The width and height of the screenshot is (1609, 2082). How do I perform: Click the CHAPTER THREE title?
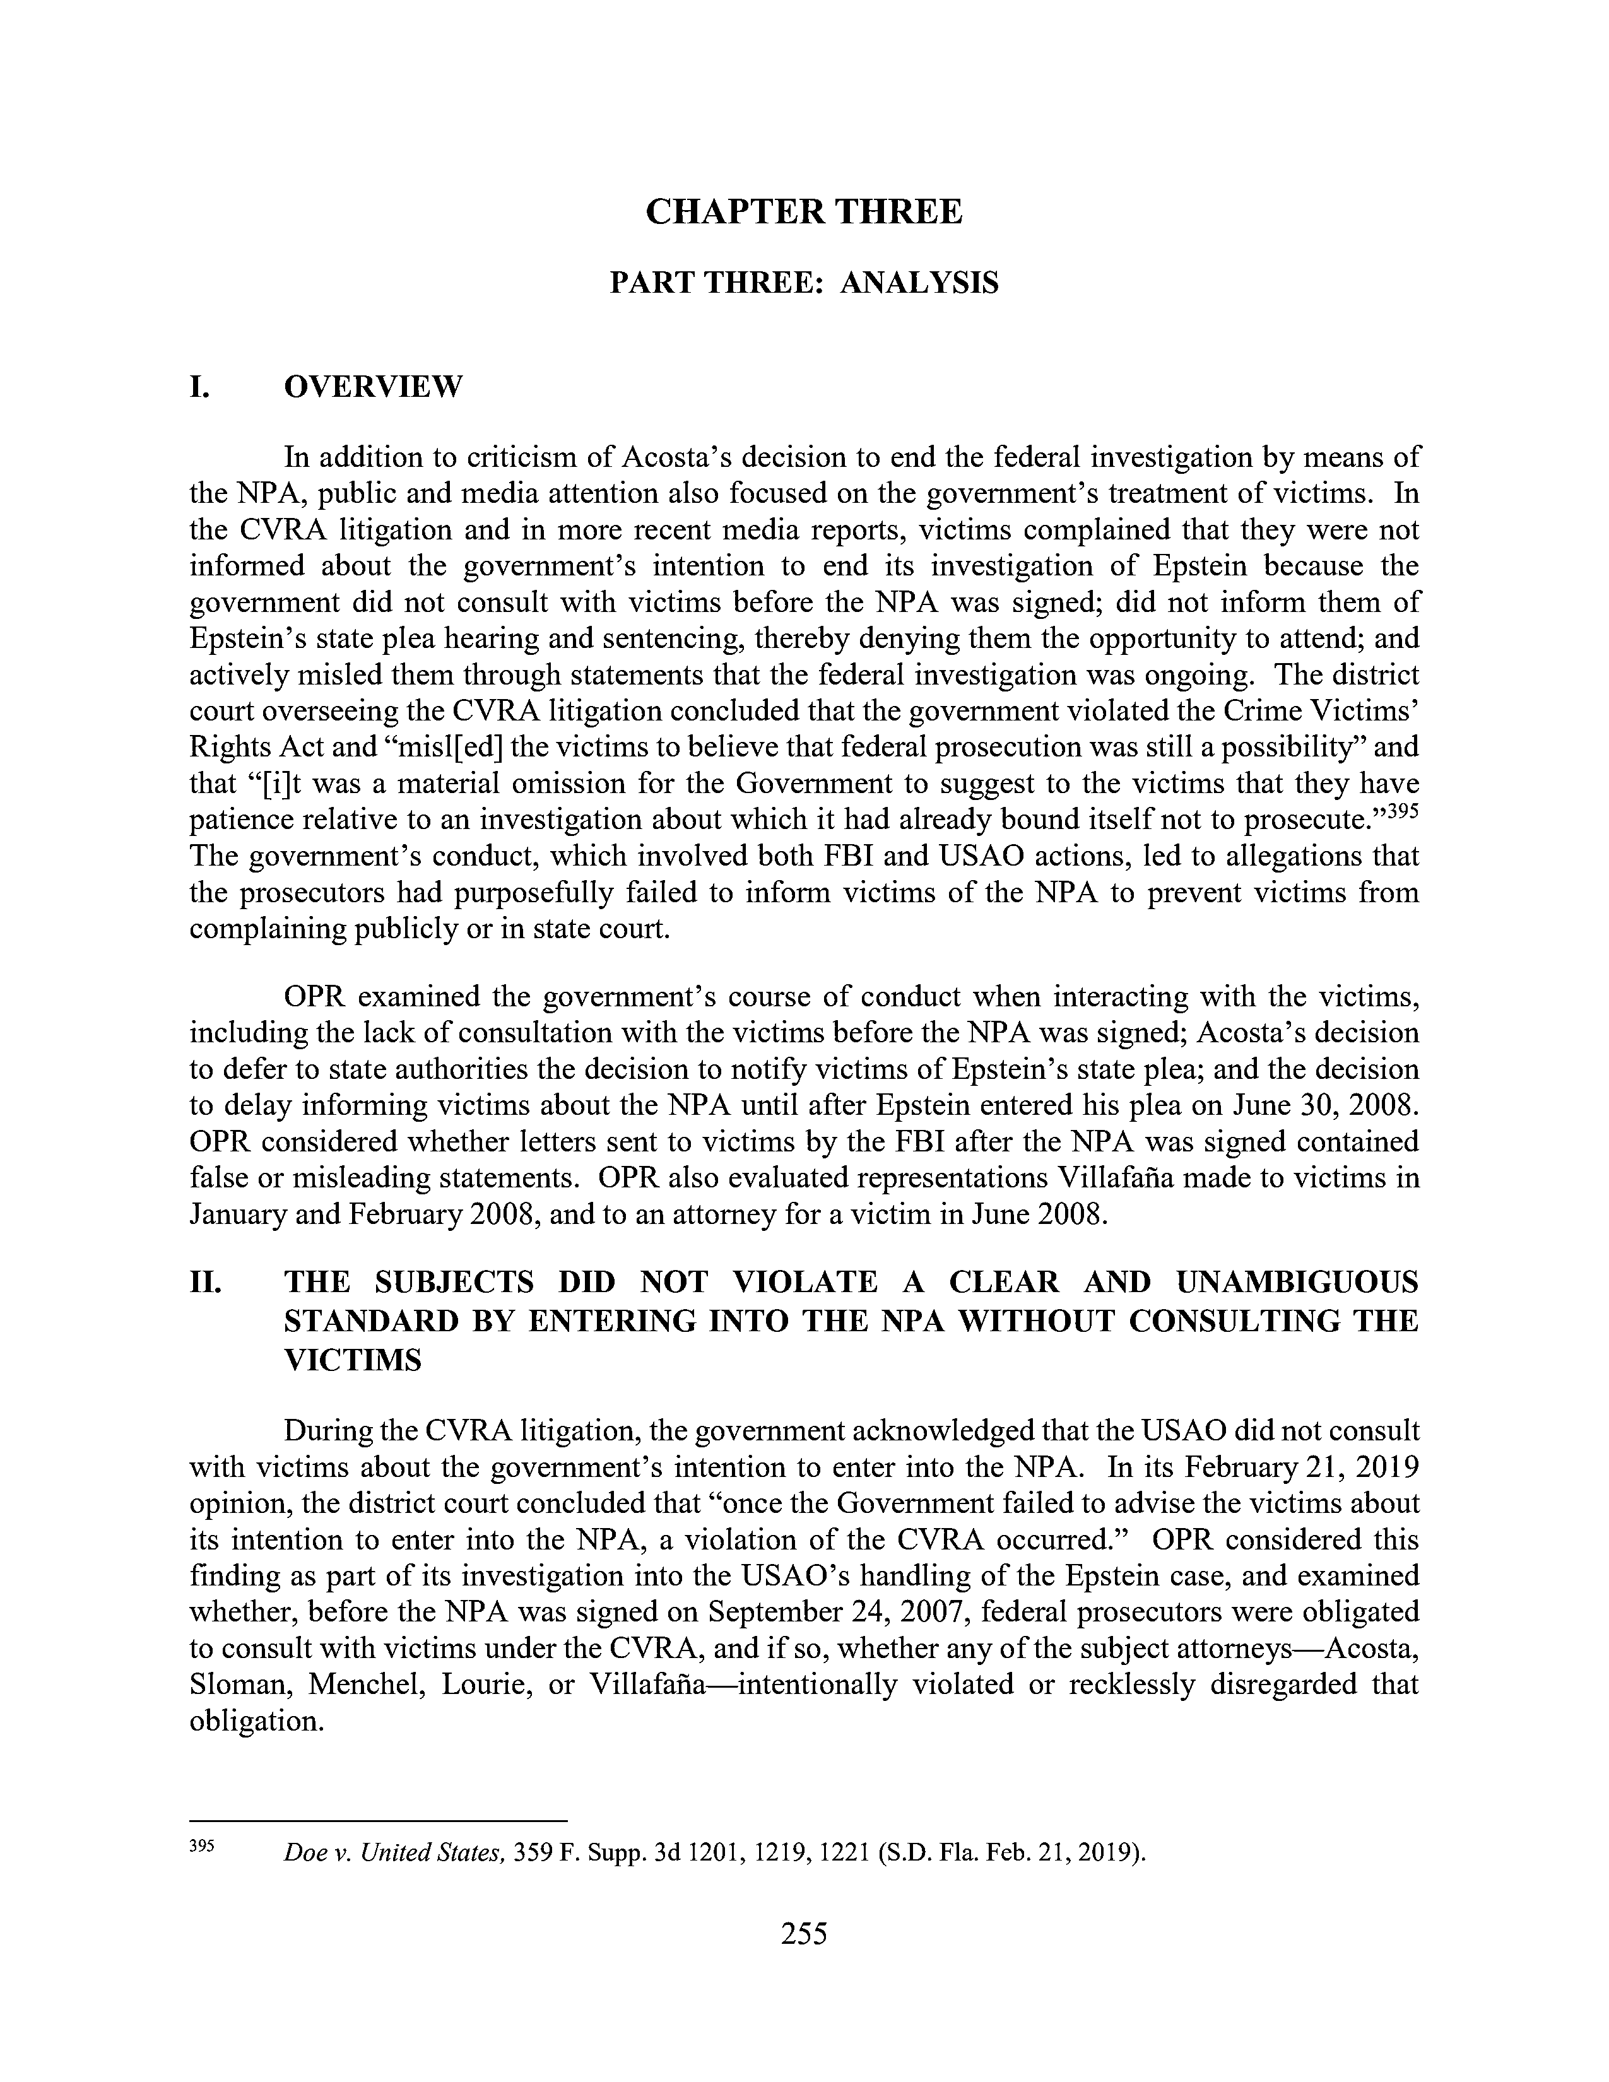[x=803, y=211]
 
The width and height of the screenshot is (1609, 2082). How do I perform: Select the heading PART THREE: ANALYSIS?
[x=803, y=283]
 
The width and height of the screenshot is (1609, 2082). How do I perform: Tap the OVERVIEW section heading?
[x=374, y=387]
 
